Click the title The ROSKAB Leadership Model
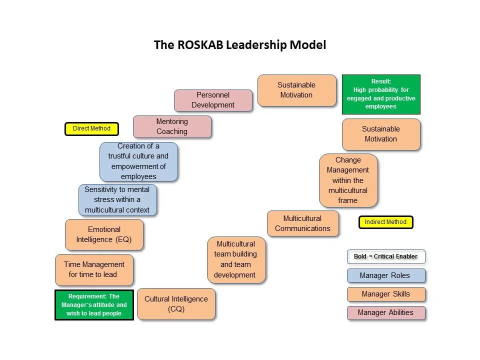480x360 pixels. coord(239,45)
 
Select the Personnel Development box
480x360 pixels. coord(213,100)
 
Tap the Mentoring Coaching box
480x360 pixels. coord(172,126)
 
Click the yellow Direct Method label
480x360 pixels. coord(91,128)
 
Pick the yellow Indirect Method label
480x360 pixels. coord(385,222)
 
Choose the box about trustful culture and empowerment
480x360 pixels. coord(138,161)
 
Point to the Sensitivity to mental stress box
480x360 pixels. coord(117,199)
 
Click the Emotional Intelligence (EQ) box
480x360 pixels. coord(104,234)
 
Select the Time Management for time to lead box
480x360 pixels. coord(94,269)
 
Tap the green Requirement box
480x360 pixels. coord(94,304)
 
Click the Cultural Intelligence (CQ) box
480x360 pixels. coord(176,303)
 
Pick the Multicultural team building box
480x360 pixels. coord(236,259)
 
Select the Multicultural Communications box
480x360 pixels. coord(302,223)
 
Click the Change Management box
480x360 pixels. coord(348,180)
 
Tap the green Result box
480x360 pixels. coord(381,94)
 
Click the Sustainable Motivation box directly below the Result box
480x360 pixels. coord(381,134)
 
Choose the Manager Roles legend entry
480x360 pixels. coord(386,275)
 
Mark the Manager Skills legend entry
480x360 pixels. coord(386,294)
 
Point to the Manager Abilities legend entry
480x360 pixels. coord(386,312)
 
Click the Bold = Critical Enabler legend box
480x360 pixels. coord(386,256)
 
